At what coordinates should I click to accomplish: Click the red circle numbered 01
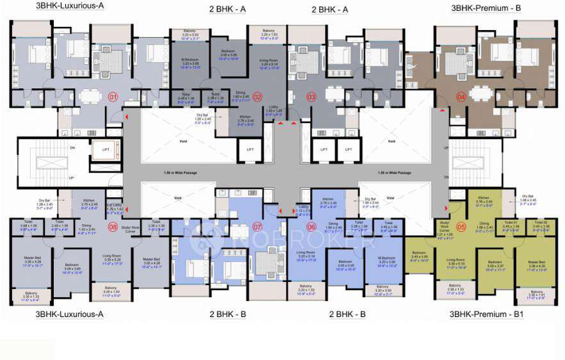point(113,98)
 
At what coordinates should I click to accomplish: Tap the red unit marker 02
point(258,98)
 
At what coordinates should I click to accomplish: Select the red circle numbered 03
point(312,98)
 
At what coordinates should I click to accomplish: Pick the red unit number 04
point(461,98)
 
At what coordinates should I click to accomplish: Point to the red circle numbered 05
point(461,226)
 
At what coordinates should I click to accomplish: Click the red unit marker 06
point(312,226)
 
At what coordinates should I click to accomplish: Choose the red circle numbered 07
point(258,226)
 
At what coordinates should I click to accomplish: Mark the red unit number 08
point(113,226)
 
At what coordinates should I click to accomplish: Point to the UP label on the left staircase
point(72,178)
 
